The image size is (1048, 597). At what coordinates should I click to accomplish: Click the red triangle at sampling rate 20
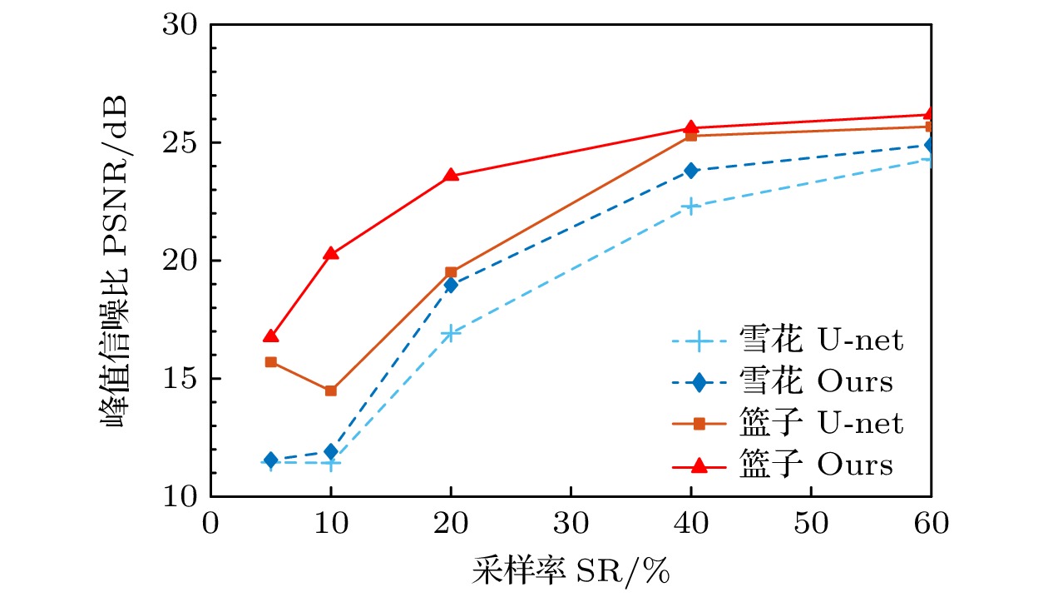click(451, 175)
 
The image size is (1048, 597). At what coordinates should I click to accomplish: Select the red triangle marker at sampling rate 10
click(331, 253)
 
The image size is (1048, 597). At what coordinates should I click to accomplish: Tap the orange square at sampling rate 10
click(331, 391)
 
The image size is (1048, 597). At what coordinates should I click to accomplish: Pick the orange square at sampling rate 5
click(271, 362)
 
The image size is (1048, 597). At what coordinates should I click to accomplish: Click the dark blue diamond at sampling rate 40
click(690, 170)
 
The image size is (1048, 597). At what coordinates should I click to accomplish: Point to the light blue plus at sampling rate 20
click(451, 333)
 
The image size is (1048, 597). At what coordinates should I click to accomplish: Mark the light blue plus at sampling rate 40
click(690, 206)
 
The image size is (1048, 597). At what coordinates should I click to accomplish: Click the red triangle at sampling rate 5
click(271, 336)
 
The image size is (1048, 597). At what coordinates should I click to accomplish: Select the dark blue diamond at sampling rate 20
click(451, 285)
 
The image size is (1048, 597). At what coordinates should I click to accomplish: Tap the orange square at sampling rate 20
click(451, 272)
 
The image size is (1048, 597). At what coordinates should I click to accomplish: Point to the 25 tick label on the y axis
click(180, 143)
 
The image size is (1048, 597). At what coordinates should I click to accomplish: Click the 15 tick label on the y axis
click(180, 379)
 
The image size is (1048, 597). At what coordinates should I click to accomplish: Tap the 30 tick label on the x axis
click(571, 525)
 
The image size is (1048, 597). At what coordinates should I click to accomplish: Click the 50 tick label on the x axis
click(810, 525)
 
